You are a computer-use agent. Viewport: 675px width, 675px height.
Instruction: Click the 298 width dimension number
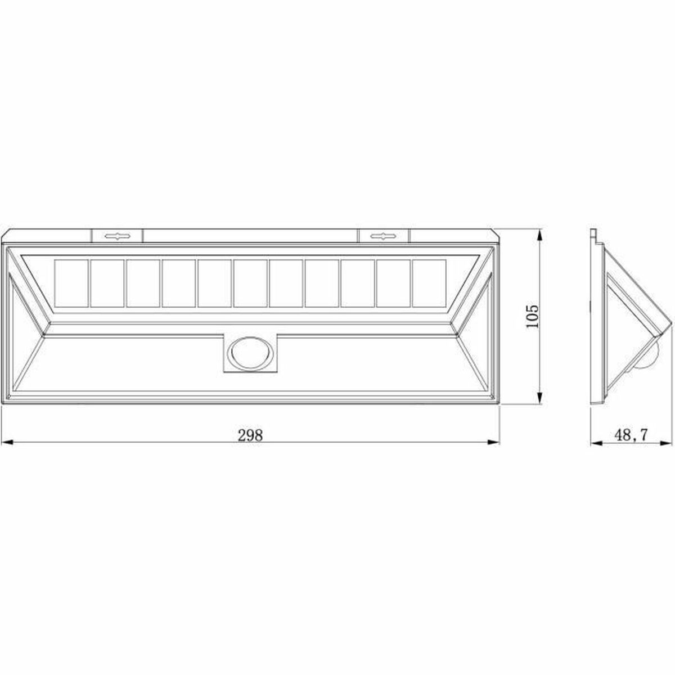[x=250, y=435]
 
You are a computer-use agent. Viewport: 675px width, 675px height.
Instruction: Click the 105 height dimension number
[x=532, y=316]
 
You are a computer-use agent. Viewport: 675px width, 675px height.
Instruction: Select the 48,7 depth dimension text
[x=631, y=435]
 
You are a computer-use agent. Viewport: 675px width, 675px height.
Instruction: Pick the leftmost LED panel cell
[x=71, y=283]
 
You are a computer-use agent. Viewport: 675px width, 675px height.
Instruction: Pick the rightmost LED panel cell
[x=429, y=283]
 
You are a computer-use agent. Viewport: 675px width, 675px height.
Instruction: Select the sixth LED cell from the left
[x=250, y=283]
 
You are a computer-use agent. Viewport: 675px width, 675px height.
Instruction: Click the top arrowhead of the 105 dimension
[x=540, y=232]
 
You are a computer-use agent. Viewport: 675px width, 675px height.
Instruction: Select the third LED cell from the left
[x=143, y=283]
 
